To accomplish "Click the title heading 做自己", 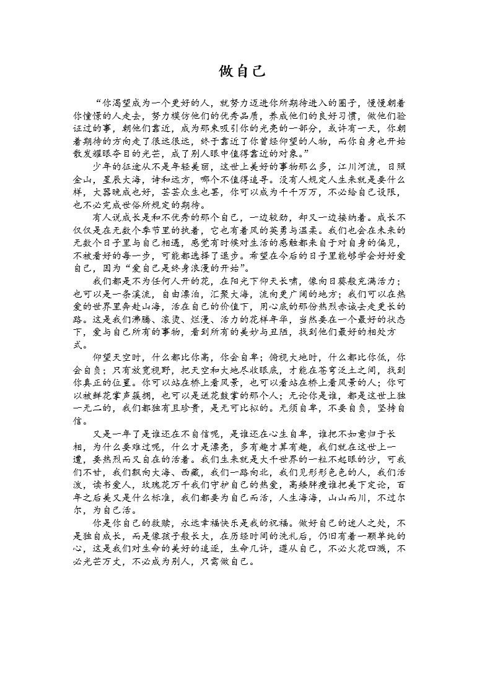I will coord(242,72).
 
